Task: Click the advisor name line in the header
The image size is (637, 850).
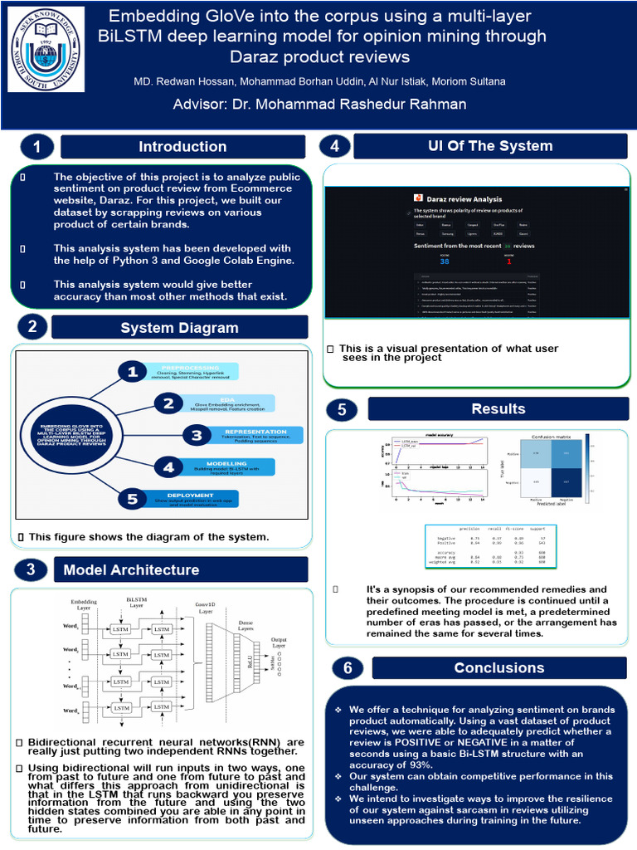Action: (x=319, y=104)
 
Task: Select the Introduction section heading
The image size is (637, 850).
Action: (x=182, y=147)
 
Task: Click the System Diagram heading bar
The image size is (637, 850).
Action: (x=179, y=327)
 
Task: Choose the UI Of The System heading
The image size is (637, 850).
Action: (x=490, y=146)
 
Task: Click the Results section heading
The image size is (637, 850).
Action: (x=498, y=408)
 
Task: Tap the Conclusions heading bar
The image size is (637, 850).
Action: (x=499, y=667)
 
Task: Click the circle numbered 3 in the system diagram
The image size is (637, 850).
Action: (x=197, y=435)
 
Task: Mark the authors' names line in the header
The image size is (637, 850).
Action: (x=319, y=81)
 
